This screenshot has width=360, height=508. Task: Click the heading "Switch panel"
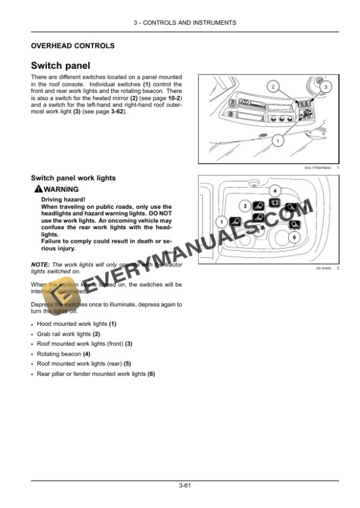tap(60, 66)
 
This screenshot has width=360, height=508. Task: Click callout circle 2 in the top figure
tap(273, 86)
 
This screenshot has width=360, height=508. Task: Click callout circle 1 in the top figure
tap(276, 141)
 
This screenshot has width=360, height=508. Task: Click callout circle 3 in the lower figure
tap(245, 206)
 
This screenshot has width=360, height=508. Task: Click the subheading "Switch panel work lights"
tap(73, 178)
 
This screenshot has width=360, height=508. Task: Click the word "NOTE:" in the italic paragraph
tap(39, 265)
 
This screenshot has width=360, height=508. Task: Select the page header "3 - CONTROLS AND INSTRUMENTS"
tap(185, 23)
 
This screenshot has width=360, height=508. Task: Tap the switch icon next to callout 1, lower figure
tap(235, 221)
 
